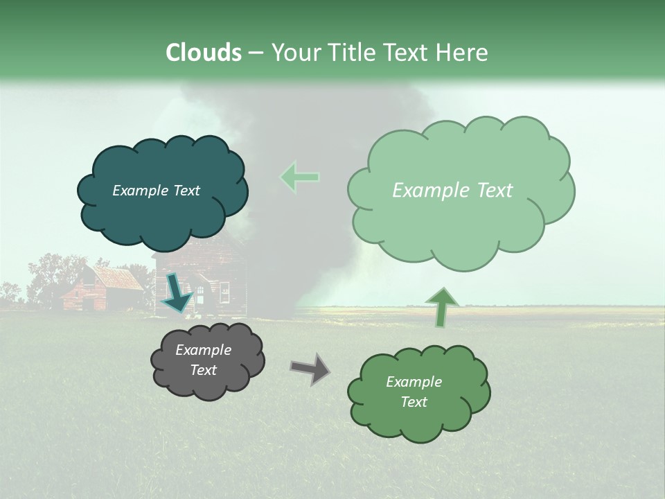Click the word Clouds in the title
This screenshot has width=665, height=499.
[x=203, y=53]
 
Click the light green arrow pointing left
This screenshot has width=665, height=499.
[x=300, y=177]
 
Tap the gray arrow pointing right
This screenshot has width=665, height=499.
[x=310, y=369]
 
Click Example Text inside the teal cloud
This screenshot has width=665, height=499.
[x=156, y=191]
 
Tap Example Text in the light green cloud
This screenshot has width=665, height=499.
[x=452, y=191]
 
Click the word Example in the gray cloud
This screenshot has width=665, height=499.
[x=203, y=350]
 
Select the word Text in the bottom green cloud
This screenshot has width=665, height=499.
[x=414, y=402]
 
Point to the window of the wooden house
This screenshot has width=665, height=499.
[x=224, y=292]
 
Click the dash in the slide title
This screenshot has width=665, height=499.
[x=255, y=53]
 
